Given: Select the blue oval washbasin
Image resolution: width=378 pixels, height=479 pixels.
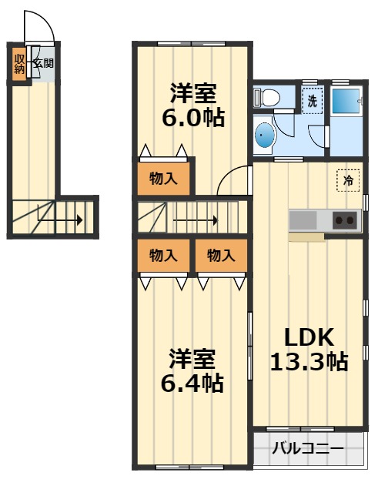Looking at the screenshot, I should tap(265, 137).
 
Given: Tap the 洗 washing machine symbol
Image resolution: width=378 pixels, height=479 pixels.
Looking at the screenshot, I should tap(312, 100).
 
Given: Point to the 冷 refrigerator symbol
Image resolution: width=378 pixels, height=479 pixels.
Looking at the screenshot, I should tap(347, 181).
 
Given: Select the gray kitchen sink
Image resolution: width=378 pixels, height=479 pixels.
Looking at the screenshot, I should tap(304, 220).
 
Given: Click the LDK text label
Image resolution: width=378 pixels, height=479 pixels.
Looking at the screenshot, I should tap(309, 337).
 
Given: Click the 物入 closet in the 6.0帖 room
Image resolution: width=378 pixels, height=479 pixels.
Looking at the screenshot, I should tap(163, 179).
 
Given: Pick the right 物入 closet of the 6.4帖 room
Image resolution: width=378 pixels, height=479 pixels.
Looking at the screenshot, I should tap(220, 256).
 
